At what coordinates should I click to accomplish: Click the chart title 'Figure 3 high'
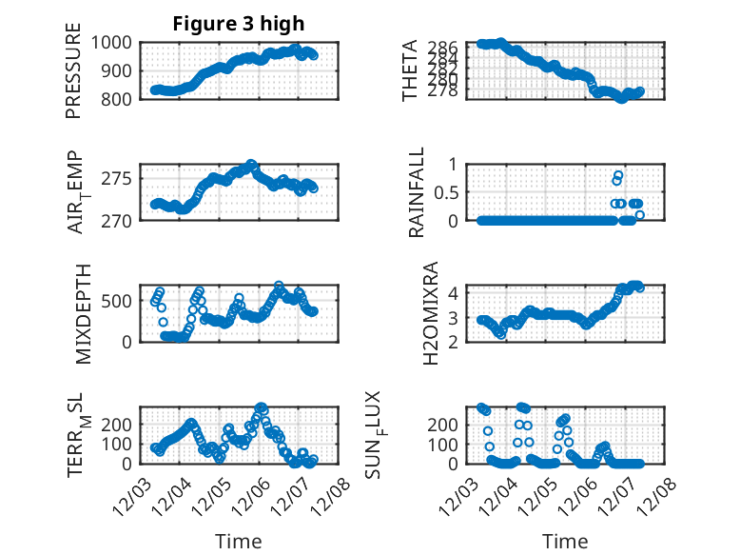239,25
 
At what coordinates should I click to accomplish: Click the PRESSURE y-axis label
74,78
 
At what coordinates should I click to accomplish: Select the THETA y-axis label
410,70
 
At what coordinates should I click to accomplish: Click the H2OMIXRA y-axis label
430,313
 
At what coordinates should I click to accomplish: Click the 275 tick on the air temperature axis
121,179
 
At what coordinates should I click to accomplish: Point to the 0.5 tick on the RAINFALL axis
447,191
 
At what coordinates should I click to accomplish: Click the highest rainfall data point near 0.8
618,175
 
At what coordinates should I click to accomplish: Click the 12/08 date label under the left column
333,494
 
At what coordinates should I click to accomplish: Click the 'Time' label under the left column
239,541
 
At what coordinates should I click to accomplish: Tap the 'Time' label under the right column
565,541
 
